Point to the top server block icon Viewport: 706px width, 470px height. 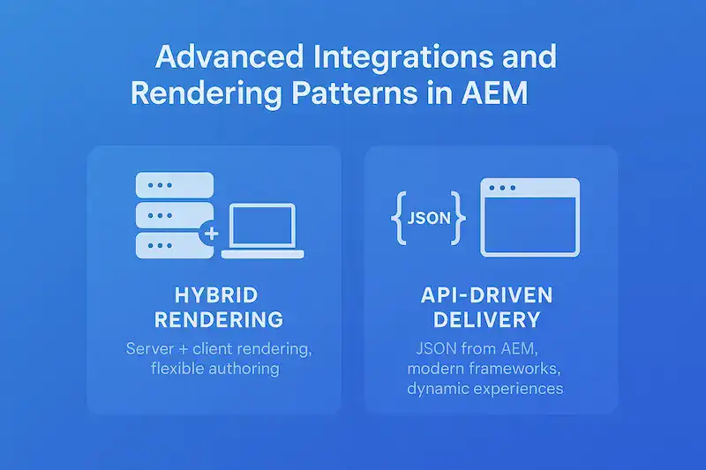[175, 186]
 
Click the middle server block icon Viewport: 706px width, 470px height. [175, 215]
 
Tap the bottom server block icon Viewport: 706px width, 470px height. [175, 244]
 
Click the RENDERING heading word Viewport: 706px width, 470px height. [214, 318]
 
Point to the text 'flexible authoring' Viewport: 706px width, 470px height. [214, 369]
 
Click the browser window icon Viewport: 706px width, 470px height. [529, 217]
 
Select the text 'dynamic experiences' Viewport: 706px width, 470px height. [484, 388]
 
